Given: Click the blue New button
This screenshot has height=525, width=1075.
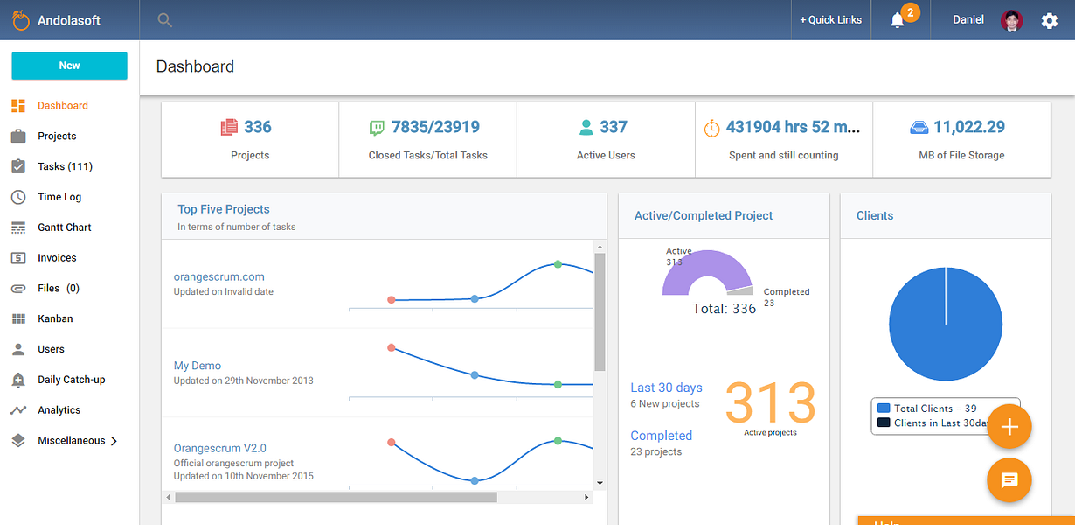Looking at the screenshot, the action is click(70, 66).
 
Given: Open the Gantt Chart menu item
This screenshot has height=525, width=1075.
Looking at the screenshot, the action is click(65, 227).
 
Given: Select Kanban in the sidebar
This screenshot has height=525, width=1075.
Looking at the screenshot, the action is click(55, 318).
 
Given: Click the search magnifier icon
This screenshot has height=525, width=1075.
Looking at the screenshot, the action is click(164, 20).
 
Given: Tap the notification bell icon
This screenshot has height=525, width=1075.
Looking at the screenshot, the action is click(897, 20).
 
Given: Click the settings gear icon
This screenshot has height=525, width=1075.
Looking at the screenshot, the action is click(1049, 21).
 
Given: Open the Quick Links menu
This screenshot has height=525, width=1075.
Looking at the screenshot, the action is click(831, 20).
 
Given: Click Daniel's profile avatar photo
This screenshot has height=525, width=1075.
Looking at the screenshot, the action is click(1012, 20).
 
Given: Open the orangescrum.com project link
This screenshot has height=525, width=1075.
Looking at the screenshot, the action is click(218, 276).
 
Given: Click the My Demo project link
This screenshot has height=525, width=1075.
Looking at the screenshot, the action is click(198, 366).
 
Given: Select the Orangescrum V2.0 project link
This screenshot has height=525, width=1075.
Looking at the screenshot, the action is click(219, 448).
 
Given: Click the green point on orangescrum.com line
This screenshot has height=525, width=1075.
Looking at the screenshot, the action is click(558, 264).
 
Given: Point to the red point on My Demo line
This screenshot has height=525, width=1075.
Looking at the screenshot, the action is click(392, 347).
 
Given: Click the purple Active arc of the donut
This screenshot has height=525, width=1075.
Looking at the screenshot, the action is click(706, 263).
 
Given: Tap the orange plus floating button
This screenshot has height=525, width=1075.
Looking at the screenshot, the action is click(1009, 426).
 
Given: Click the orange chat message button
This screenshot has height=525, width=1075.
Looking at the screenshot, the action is click(1009, 479).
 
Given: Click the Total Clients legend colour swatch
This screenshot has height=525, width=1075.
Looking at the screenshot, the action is click(884, 409).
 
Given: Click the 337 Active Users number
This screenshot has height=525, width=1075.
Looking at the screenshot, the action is click(614, 127).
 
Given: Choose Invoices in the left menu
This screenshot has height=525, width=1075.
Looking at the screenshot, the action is click(57, 258).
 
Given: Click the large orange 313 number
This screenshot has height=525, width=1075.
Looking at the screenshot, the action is click(770, 402).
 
